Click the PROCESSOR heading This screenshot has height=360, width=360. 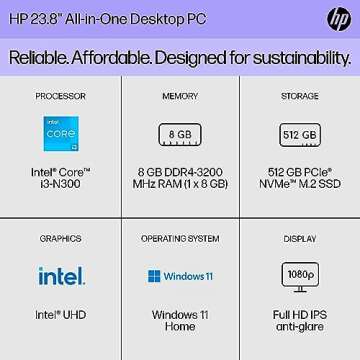point(61,97)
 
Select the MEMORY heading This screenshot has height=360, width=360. point(180,97)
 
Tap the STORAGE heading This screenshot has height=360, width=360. point(299,97)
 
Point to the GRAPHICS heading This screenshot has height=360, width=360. point(61,239)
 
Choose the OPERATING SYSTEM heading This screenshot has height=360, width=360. point(180,239)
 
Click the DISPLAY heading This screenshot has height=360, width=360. point(299,239)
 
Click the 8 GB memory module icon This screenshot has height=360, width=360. point(180,133)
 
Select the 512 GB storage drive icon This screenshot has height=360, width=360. point(299,133)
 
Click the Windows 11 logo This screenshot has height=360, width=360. point(180,275)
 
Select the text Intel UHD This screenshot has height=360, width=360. point(61,314)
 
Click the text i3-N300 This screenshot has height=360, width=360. point(61,184)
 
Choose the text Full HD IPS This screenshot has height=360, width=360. point(299,314)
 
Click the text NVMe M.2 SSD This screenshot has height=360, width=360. point(299,184)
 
